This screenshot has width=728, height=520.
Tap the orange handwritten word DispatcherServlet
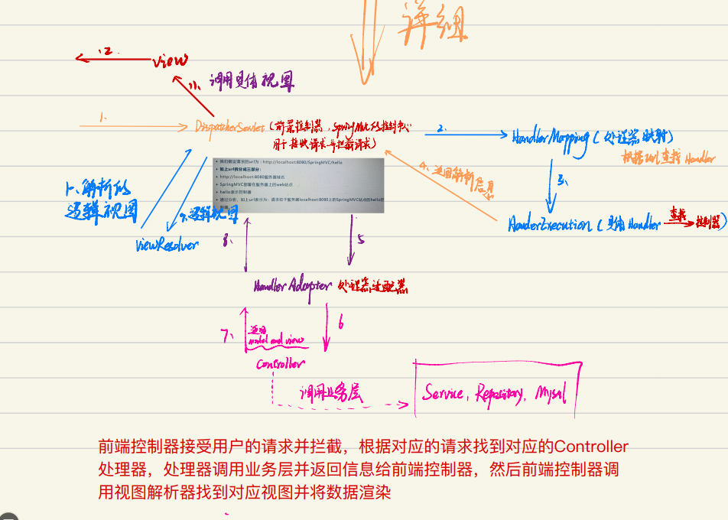(x=229, y=126)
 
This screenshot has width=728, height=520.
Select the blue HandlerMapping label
(x=550, y=137)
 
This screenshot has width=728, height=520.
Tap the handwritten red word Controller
(x=281, y=364)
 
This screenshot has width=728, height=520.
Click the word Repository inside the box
(x=499, y=395)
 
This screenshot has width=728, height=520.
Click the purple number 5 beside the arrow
(x=361, y=239)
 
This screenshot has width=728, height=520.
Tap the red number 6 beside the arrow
(x=340, y=324)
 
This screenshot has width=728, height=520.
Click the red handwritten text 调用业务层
(x=330, y=393)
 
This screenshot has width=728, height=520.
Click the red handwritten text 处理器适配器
(x=372, y=287)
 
